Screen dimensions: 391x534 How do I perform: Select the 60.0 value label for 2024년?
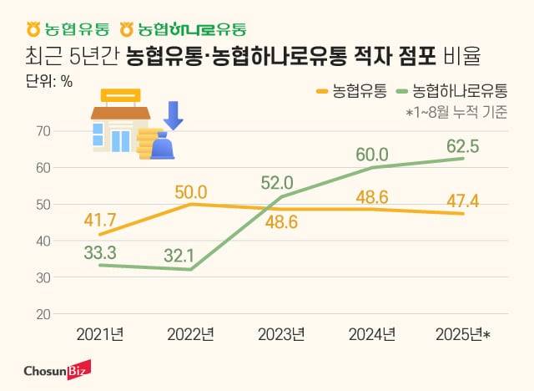pos(372,155)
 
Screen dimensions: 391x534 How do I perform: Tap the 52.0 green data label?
pos(277,182)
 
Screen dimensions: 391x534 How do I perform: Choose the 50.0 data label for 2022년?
pos(192,190)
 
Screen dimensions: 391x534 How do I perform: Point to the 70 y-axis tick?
pos(43,131)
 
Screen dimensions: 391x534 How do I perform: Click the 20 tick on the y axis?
pos(43,314)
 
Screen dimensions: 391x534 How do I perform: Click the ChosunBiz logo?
pos(57,369)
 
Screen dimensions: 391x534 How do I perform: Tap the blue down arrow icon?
pos(174,114)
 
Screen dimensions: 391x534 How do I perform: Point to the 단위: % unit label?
pos(43,84)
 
